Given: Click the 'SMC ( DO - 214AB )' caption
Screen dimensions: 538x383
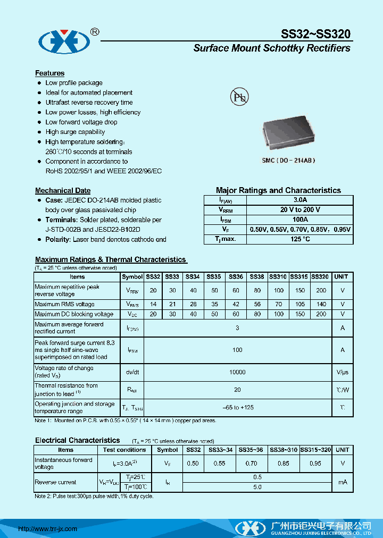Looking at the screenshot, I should click(x=288, y=160).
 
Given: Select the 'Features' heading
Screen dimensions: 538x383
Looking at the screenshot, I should click(x=49, y=73).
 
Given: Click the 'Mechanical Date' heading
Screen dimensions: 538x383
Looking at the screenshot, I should click(x=63, y=190).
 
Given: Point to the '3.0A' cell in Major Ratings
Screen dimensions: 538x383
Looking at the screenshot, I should click(x=300, y=200).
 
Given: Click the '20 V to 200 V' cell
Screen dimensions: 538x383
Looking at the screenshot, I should click(x=300, y=210).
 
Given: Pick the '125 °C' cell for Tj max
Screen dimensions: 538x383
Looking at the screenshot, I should click(x=300, y=239).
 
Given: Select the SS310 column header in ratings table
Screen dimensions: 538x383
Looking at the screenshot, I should click(x=278, y=277).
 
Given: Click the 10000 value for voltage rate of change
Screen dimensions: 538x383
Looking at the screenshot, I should click(x=237, y=373).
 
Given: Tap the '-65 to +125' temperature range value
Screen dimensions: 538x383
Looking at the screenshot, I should click(x=237, y=407).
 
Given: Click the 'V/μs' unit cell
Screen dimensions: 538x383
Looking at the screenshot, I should click(x=342, y=373).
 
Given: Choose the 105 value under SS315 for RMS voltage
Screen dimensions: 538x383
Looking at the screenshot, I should click(x=299, y=305).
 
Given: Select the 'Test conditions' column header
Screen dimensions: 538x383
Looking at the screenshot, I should click(x=124, y=450).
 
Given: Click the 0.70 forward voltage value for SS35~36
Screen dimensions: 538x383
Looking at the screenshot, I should click(x=251, y=464).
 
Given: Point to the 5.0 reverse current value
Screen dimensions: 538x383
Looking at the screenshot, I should click(x=257, y=487).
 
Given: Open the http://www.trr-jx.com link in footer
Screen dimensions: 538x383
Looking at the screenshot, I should click(x=48, y=529).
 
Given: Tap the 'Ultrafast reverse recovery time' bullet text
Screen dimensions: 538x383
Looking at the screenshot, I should click(x=89, y=103).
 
